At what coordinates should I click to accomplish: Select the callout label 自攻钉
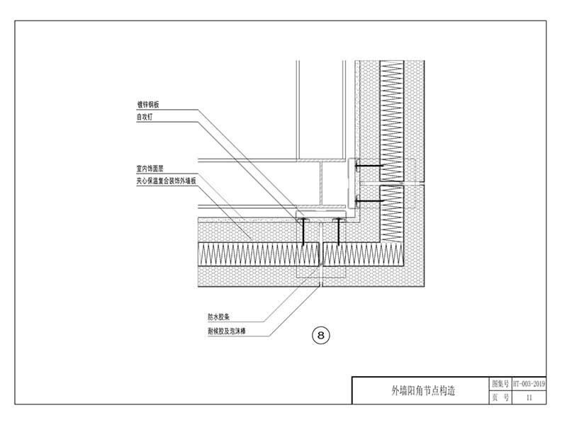145,117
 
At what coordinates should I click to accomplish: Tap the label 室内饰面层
150,169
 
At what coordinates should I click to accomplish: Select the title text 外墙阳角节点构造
422,390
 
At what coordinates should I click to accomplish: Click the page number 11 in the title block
529,397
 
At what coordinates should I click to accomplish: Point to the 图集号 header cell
500,383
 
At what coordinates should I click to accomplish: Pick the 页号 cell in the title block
500,397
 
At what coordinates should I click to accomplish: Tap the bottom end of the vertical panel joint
323,285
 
